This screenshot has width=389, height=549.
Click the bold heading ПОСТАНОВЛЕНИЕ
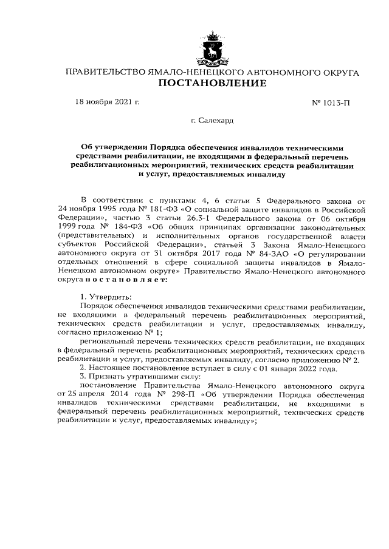click(x=212, y=83)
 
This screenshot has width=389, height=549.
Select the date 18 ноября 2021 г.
click(x=107, y=102)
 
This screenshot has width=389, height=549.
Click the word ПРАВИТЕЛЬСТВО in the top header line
click(x=105, y=72)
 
